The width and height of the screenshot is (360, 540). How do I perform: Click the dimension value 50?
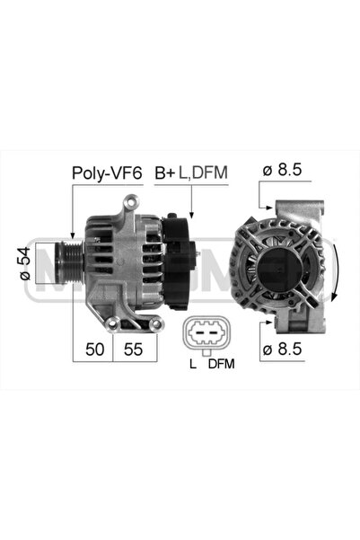tap(92, 349)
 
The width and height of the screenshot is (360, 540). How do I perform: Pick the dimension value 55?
tap(135, 349)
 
